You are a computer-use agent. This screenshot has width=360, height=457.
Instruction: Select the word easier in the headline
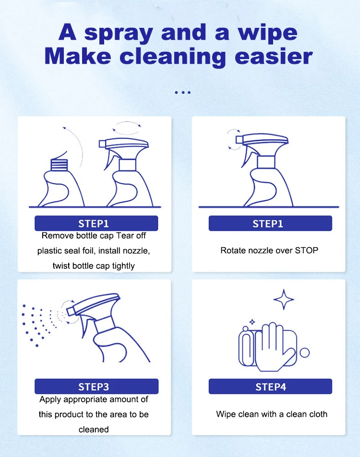click(272, 56)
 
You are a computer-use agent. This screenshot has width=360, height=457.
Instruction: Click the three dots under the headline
click(183, 92)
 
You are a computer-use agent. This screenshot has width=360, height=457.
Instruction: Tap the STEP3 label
click(96, 386)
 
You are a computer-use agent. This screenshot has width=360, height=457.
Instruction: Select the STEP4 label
click(270, 386)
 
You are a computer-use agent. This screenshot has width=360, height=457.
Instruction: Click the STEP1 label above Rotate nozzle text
click(270, 223)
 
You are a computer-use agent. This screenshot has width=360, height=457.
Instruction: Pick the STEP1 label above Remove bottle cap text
click(96, 223)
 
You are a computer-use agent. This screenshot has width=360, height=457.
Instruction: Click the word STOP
click(306, 250)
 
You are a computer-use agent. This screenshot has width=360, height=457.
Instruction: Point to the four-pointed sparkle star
click(283, 300)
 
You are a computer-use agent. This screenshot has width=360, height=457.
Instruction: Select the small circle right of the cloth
click(304, 353)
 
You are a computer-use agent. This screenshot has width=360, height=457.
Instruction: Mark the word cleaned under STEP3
click(94, 429)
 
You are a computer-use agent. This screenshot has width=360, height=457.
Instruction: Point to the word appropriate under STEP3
click(87, 399)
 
